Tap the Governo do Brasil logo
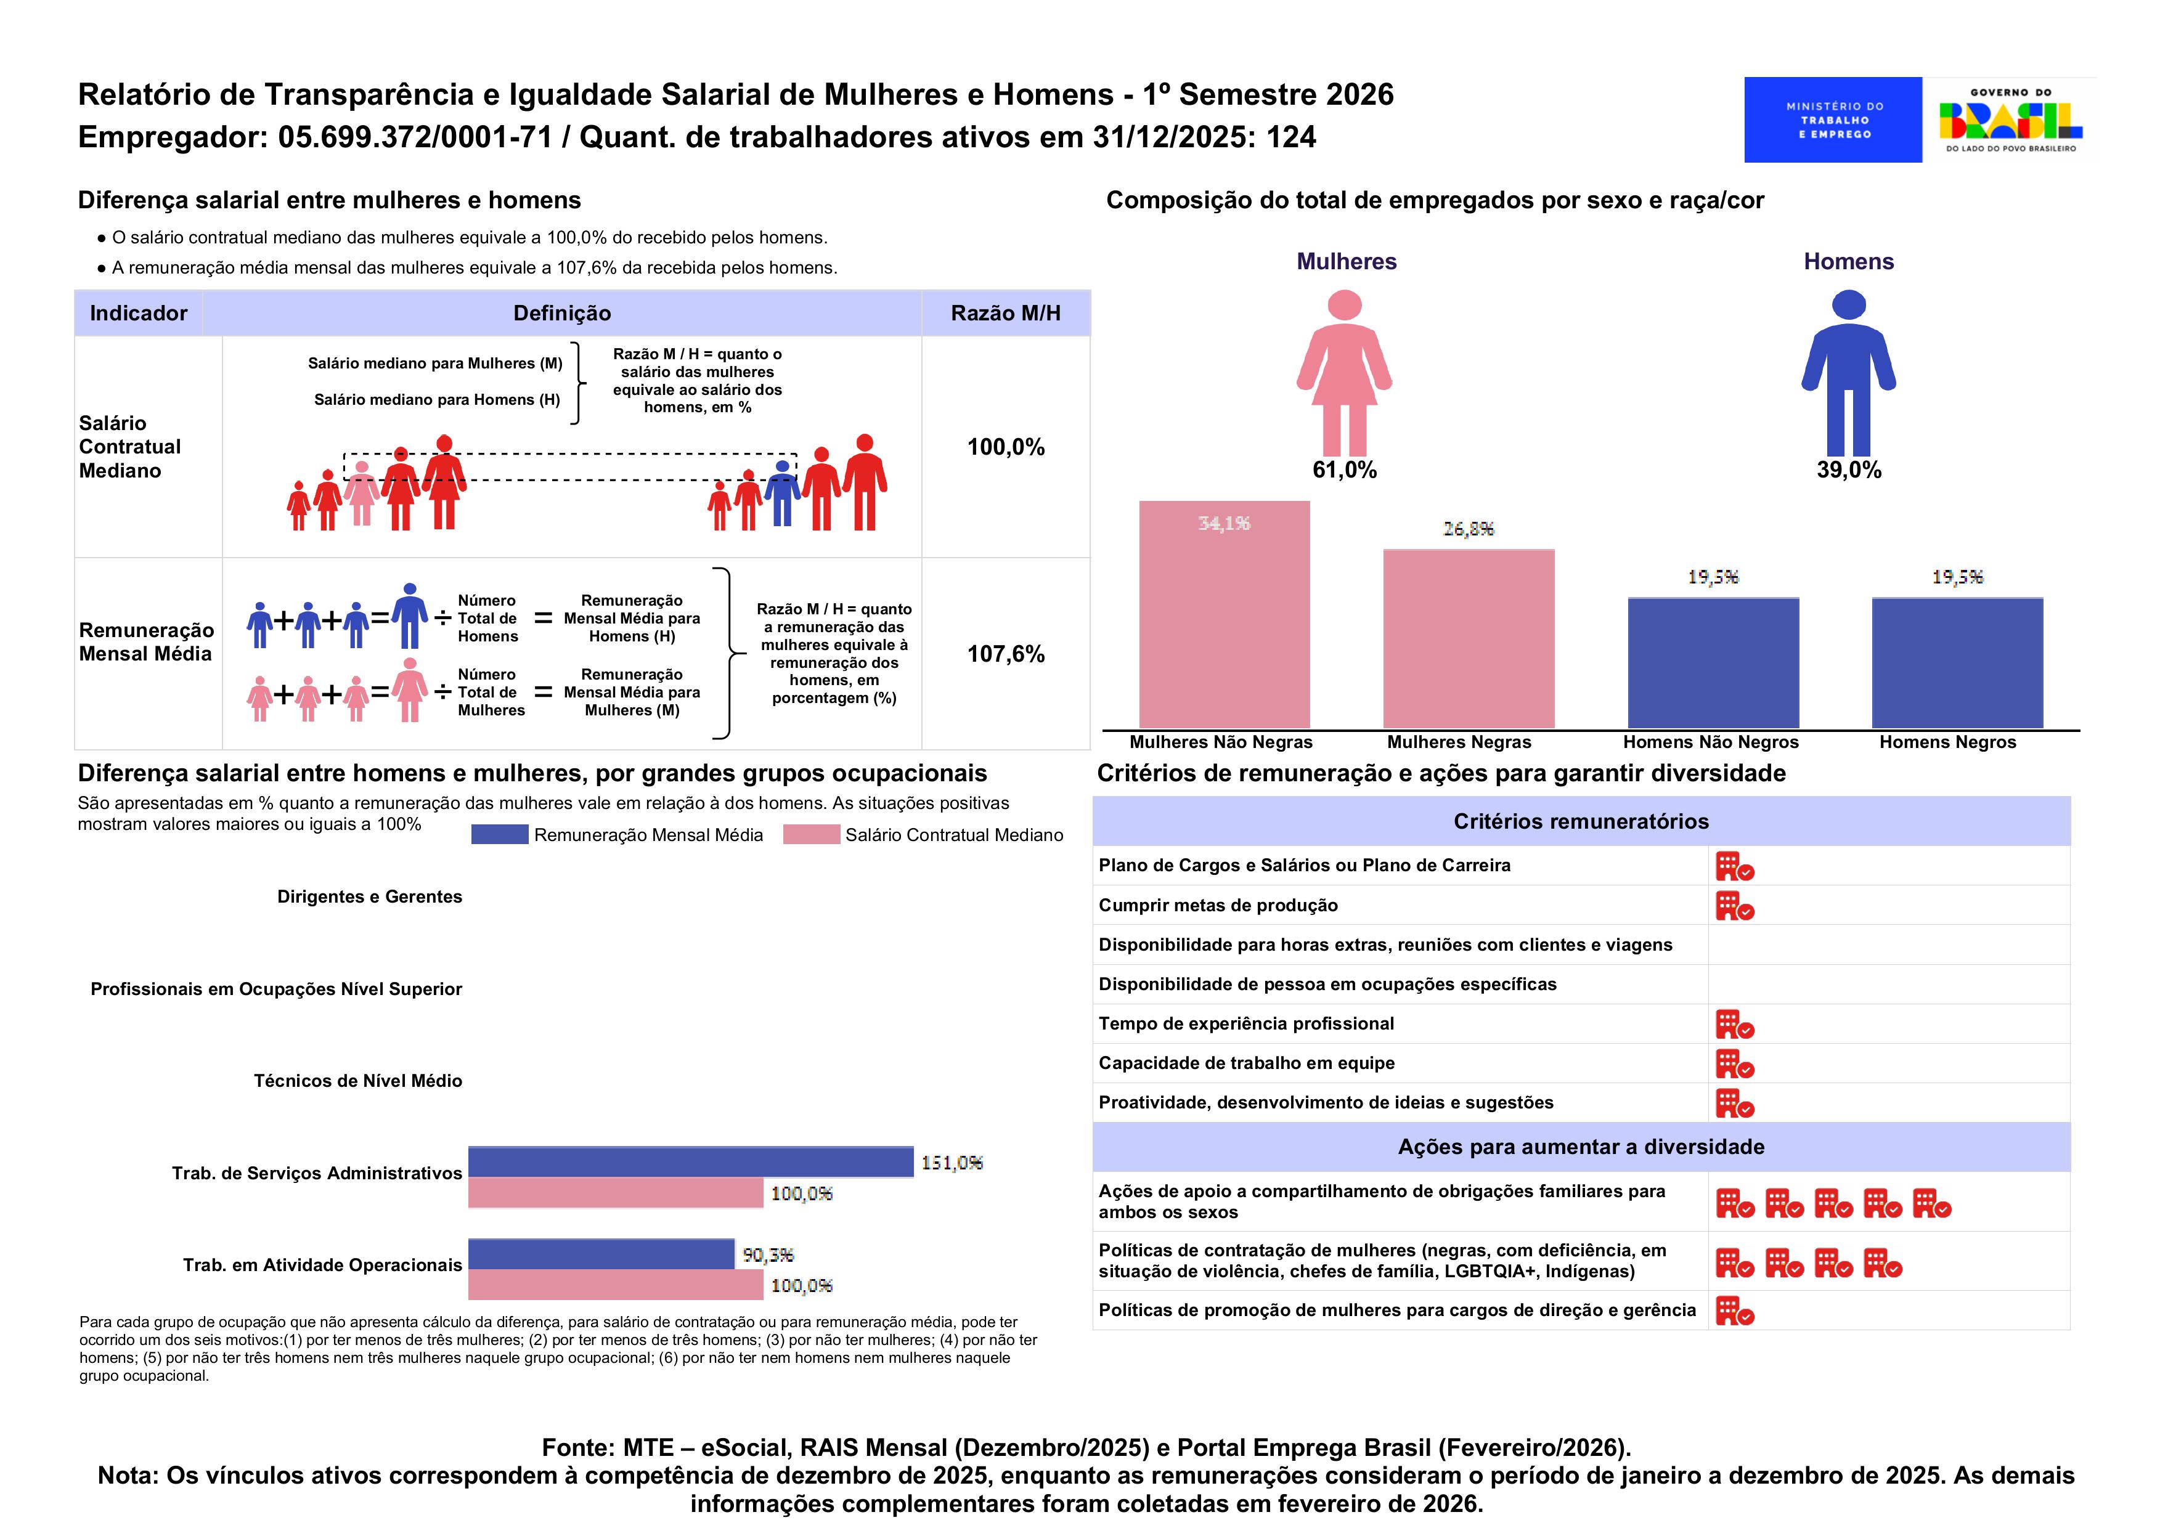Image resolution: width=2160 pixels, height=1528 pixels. [2010, 120]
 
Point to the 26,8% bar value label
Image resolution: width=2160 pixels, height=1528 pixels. [1468, 529]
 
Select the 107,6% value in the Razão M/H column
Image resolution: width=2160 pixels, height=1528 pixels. [1005, 654]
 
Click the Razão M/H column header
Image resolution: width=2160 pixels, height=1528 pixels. [1005, 314]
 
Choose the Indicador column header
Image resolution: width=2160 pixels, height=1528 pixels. [139, 314]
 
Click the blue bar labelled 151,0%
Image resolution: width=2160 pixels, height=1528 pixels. [690, 1162]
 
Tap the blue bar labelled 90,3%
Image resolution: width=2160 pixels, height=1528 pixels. [600, 1254]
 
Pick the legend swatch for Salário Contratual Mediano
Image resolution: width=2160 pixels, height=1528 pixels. [810, 835]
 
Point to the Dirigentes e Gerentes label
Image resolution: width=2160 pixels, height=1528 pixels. [369, 896]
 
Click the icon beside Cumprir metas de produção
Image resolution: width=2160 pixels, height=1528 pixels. [1734, 906]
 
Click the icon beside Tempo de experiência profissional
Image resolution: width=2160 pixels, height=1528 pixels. [1734, 1025]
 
